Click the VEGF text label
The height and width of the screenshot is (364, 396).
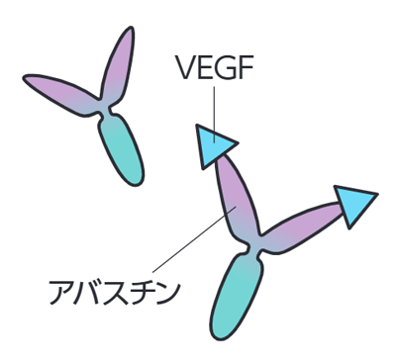[x=215, y=67]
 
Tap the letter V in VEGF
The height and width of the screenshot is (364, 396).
[x=186, y=67]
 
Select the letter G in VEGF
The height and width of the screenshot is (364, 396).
[x=225, y=67]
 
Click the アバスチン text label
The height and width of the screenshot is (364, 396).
[x=114, y=293]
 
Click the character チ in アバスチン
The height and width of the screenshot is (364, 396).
[x=142, y=293]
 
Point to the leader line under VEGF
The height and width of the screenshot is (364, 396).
[x=215, y=115]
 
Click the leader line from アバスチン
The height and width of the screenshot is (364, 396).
[x=194, y=239]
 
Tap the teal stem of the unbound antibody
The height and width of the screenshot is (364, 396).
[x=122, y=150]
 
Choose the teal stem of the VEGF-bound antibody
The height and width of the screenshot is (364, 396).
[x=235, y=295]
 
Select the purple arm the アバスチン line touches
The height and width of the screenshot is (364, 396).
[x=237, y=197]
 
